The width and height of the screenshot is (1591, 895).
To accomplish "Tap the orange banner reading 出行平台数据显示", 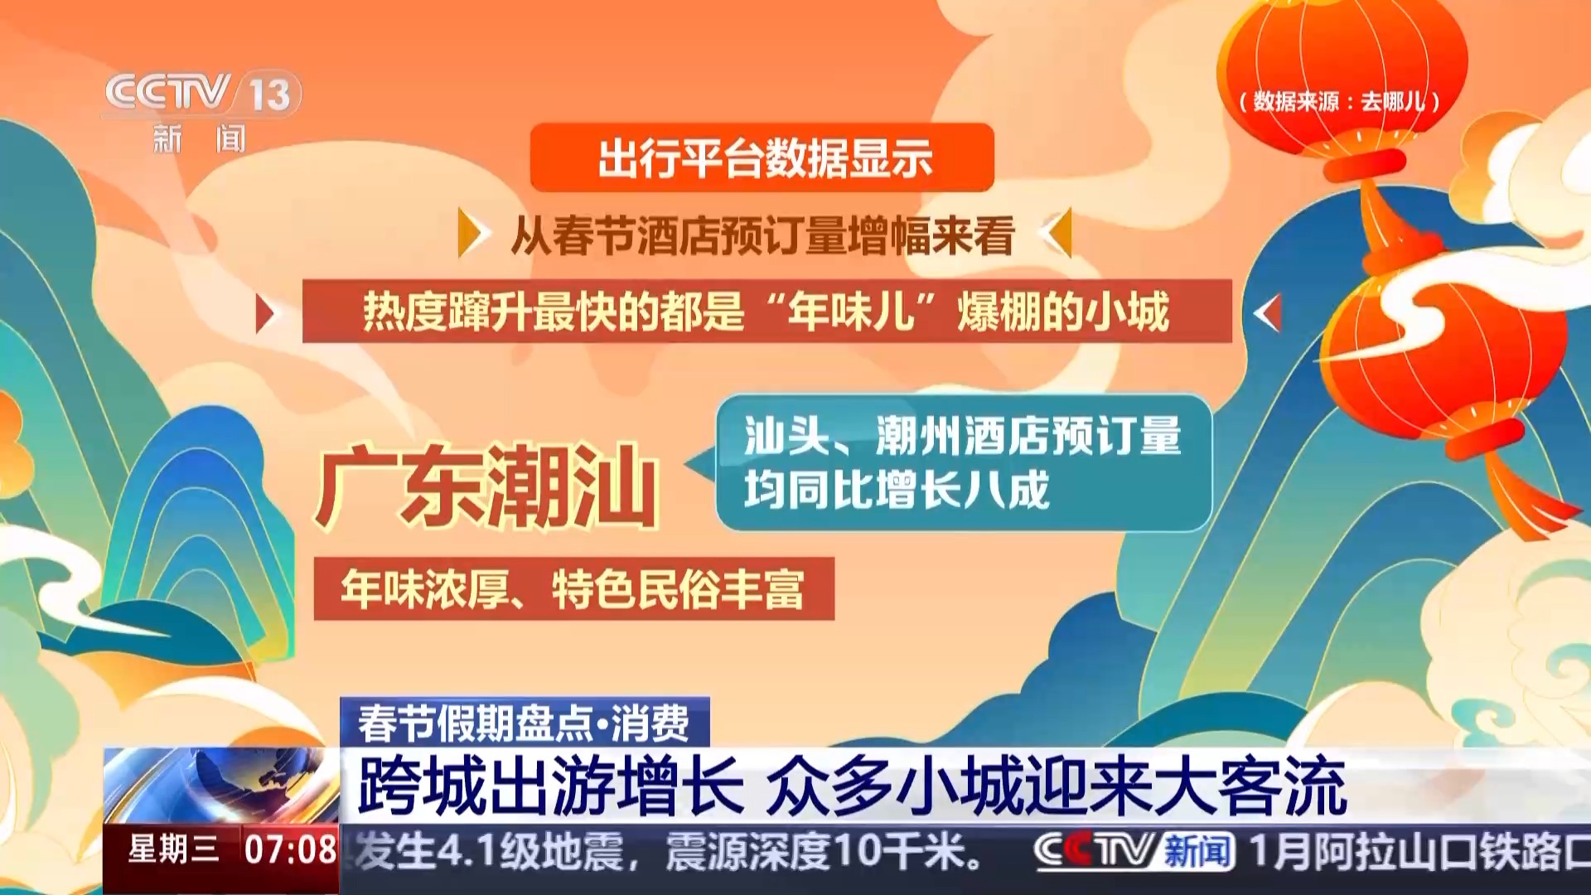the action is (x=762, y=157).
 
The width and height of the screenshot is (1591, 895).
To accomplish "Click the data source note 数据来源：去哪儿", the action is (x=1340, y=102).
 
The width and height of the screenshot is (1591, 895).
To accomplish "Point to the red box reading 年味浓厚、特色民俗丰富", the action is (x=573, y=588).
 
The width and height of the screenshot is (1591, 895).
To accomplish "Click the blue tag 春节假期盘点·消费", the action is (x=525, y=723).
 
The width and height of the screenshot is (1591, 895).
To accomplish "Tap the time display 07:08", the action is (x=290, y=849).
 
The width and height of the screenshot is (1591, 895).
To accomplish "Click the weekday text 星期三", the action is (x=174, y=849).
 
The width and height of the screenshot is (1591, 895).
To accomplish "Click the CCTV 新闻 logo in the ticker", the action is (x=1134, y=850).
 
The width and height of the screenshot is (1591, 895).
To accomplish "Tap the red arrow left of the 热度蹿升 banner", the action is (x=265, y=314).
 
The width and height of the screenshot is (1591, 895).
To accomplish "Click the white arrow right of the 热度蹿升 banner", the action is (x=1268, y=313).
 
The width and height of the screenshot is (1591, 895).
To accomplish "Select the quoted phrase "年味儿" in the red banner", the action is (x=851, y=312).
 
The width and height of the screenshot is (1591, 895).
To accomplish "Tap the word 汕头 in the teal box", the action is (x=786, y=436).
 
